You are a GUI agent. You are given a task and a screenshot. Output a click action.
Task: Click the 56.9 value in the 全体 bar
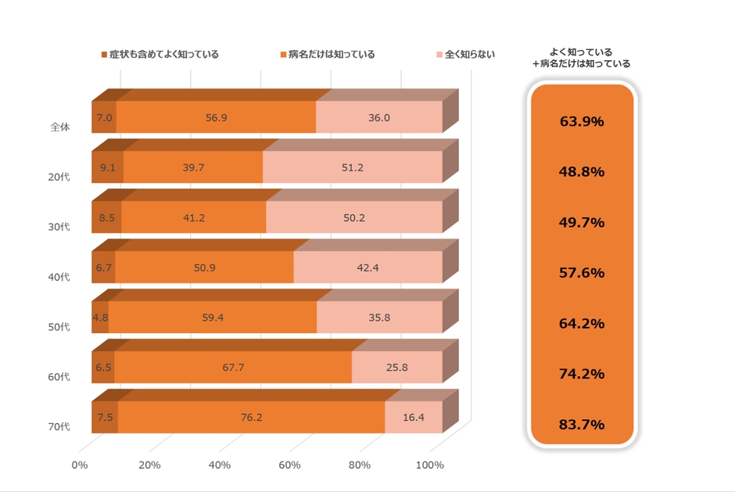[217, 117]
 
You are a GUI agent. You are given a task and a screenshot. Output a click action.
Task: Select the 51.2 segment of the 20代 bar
[353, 167]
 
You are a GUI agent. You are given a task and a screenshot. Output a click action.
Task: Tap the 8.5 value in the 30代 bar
[107, 217]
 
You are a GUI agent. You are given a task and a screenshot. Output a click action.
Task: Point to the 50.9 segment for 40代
[205, 268]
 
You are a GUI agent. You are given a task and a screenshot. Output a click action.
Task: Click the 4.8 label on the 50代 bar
[100, 318]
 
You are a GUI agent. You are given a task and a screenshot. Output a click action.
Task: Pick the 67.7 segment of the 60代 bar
[233, 368]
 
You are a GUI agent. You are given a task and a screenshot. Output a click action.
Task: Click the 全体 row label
[59, 127]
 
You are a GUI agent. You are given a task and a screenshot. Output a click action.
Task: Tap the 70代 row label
[59, 427]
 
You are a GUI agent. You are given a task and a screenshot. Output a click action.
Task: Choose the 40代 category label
[59, 277]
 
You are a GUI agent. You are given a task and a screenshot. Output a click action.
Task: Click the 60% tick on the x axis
[289, 465]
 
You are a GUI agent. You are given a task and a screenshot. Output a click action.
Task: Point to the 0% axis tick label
[80, 465]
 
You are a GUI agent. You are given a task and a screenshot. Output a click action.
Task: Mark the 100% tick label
[429, 465]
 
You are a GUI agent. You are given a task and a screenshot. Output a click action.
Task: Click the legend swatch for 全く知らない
[439, 55]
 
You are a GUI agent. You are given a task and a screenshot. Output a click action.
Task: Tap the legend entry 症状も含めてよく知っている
[164, 55]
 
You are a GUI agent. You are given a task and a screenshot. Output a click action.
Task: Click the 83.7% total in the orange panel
[583, 425]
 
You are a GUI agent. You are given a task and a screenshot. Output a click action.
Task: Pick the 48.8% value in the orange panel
[583, 172]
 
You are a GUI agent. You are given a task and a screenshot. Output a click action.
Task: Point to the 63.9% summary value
[583, 121]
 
